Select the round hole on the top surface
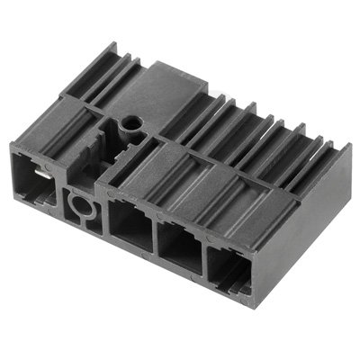(x=131, y=120)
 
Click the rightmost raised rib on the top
(x=310, y=153)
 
